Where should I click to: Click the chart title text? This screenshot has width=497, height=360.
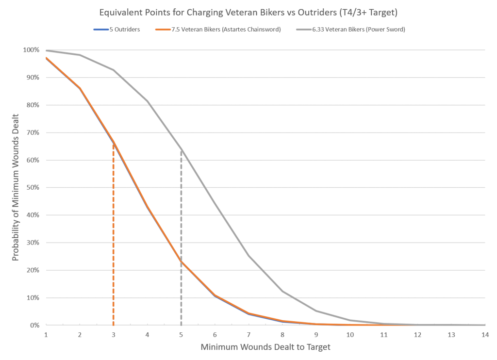tap(248, 12)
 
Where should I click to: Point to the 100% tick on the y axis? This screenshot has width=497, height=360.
tap(32, 50)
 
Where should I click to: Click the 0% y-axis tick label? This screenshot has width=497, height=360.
tap(34, 325)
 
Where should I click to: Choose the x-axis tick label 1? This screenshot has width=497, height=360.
tap(46, 335)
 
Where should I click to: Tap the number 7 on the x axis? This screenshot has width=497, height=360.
tap(249, 335)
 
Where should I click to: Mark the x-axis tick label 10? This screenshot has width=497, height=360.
tap(350, 335)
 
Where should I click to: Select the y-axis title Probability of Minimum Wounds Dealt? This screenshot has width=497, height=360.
tap(16, 187)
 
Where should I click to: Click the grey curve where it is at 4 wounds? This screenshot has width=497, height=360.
tap(147, 101)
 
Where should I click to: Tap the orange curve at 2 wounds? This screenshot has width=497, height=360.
tap(79, 87)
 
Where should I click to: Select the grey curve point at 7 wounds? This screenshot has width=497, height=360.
tap(249, 255)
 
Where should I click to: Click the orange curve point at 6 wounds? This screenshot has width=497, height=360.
tap(215, 295)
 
